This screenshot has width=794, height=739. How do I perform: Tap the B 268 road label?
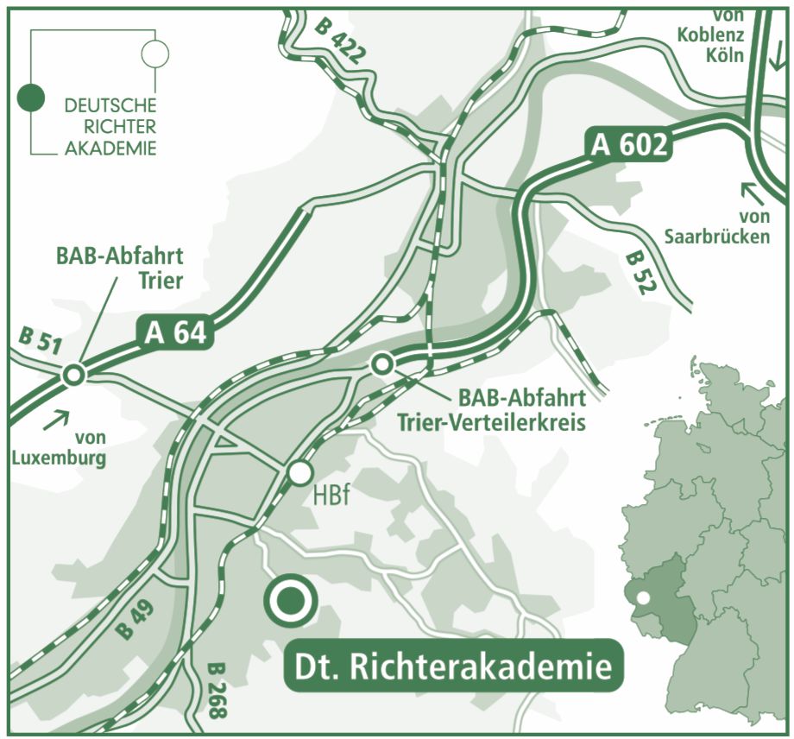pyautogui.click(x=217, y=692)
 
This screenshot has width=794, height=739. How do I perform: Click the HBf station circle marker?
pyautogui.click(x=299, y=472)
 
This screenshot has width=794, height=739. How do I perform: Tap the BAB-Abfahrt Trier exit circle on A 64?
pyautogui.click(x=73, y=375)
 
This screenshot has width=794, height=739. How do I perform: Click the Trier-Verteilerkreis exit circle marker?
pyautogui.click(x=381, y=364)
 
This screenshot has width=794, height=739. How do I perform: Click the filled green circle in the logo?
pyautogui.click(x=32, y=98)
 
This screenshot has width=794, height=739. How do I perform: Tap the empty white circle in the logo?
pyautogui.click(x=155, y=54)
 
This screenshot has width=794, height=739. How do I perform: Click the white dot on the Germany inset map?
pyautogui.click(x=642, y=597)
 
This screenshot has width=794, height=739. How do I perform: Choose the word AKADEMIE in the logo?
pyautogui.click(x=110, y=148)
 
